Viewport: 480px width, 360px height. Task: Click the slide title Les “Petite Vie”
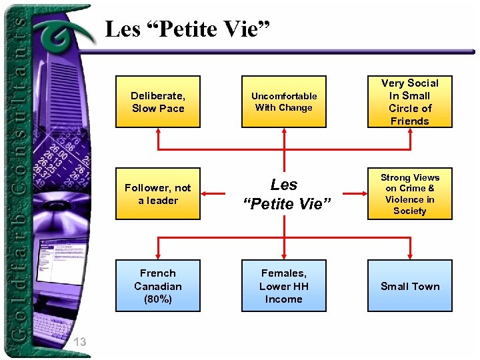[x=187, y=30]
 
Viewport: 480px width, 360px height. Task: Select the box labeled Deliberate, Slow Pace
[x=158, y=101]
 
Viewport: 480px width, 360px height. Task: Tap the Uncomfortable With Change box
[x=284, y=101]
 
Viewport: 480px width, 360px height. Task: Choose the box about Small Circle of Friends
[x=410, y=101]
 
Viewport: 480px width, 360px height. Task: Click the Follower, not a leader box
[x=158, y=194]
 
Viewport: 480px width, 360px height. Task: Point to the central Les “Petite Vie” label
[x=284, y=194]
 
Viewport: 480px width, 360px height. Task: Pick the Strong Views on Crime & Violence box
[x=410, y=194]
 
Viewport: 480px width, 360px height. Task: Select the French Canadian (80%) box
[x=158, y=286]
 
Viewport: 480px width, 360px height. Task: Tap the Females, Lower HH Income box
[x=284, y=286]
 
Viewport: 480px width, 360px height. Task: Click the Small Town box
[x=410, y=286]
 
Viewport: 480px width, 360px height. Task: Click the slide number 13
[x=80, y=342]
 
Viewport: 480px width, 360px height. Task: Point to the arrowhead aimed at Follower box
[x=205, y=194]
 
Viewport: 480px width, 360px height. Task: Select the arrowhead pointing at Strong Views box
[x=363, y=194]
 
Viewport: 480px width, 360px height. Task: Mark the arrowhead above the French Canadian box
[x=158, y=255]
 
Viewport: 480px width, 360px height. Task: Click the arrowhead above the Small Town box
[x=410, y=255]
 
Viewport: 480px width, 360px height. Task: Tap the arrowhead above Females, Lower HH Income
[x=284, y=255]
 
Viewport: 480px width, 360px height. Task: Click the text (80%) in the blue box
[x=158, y=299]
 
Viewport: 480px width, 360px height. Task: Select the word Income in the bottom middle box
[x=284, y=299]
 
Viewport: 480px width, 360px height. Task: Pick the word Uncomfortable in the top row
[x=284, y=96]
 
